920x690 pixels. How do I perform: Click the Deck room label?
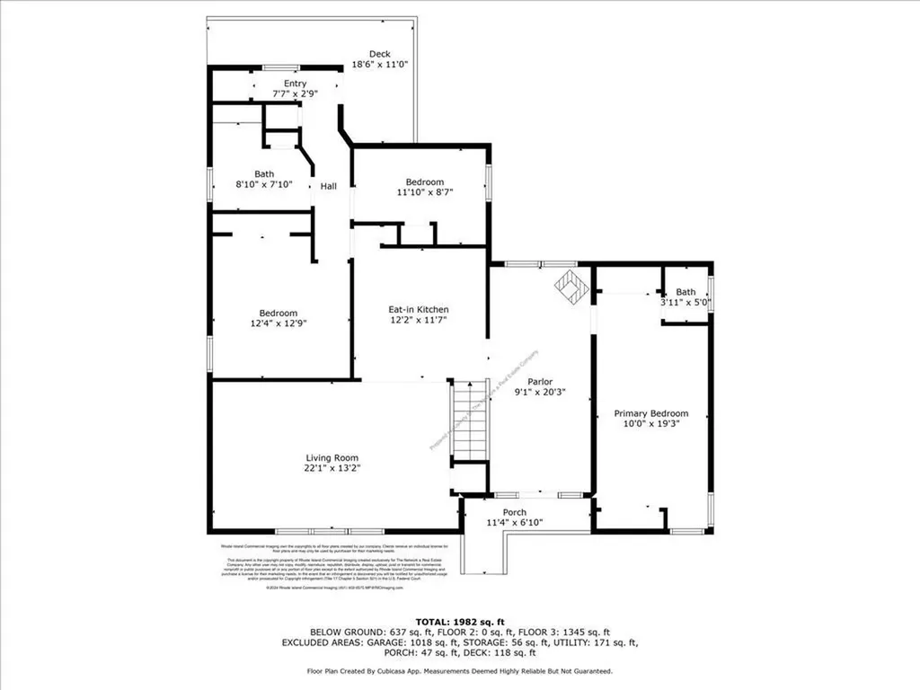pos(379,54)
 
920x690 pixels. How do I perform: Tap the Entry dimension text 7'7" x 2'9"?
pos(295,94)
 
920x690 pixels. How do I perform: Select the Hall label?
pos(329,186)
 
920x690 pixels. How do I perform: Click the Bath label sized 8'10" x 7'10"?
pos(264,174)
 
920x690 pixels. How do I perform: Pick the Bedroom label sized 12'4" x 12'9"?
pos(279,314)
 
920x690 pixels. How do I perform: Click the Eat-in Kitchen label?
pos(419,309)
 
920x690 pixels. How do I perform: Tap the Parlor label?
pos(540,381)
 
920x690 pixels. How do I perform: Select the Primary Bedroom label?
pos(651,413)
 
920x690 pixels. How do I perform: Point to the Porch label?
pos(514,512)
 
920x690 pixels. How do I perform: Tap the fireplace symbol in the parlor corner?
pos(569,287)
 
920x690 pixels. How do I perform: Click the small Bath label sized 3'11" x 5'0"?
pos(686,292)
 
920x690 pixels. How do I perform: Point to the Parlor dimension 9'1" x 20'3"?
pos(540,392)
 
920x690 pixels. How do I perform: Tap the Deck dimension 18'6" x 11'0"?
pos(379,65)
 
